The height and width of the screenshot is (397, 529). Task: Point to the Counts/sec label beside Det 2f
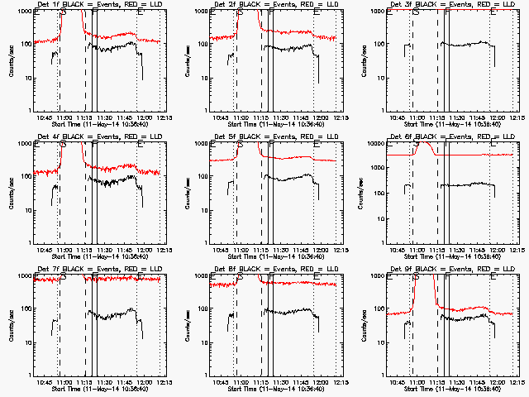(183, 60)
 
